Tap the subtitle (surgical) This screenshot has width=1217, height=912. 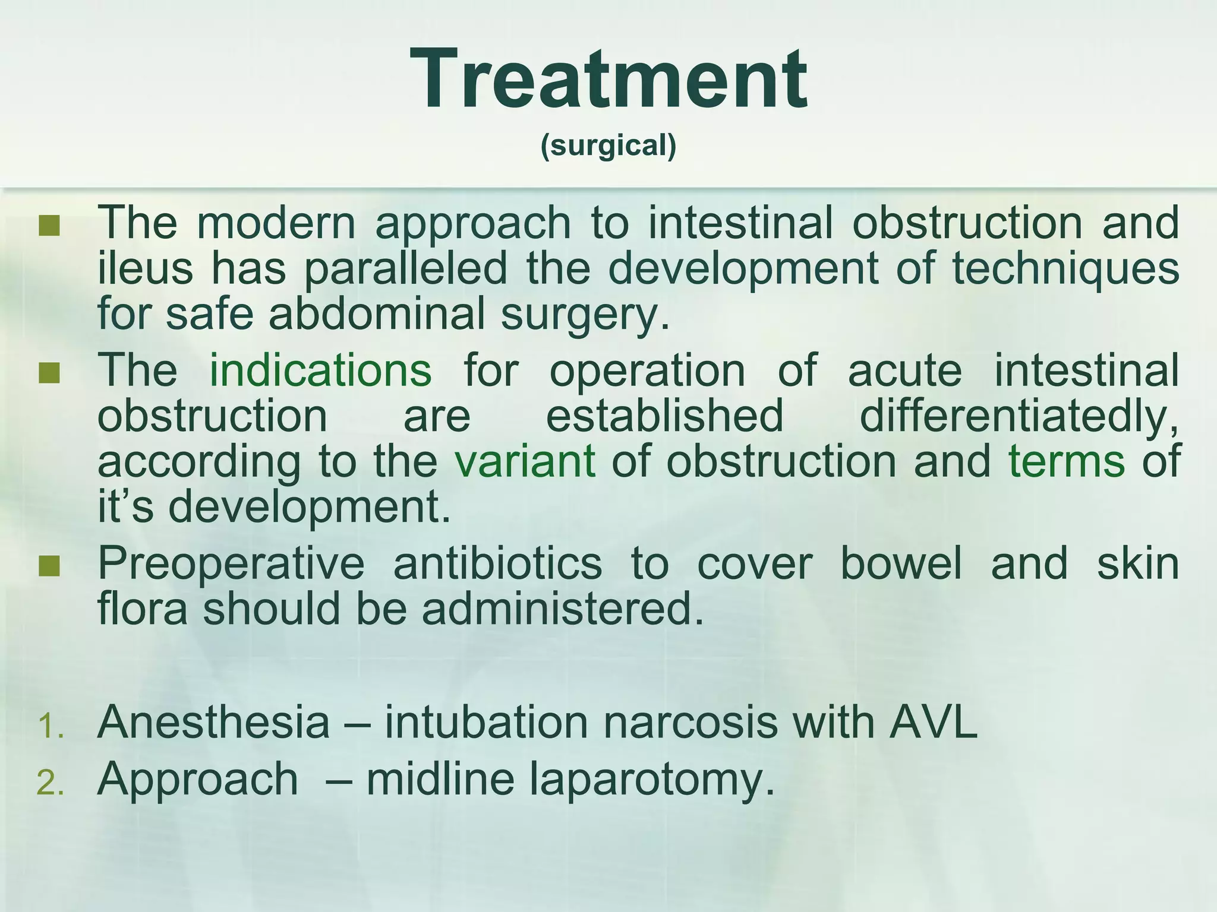[608, 145]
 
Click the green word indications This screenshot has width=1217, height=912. [320, 370]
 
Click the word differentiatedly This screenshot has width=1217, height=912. [1019, 416]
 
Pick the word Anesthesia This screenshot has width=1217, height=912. [213, 722]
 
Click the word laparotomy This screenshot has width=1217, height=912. [652, 779]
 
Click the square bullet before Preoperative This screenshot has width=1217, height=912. [49, 566]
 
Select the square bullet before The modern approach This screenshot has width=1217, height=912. [49, 226]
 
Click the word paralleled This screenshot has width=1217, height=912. [406, 268]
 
